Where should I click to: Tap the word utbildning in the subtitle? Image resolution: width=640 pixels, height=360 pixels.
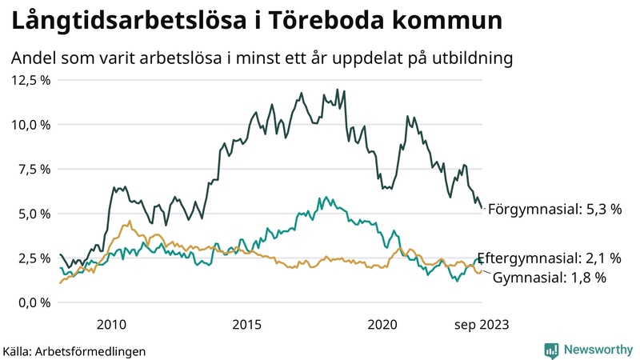point(470,58)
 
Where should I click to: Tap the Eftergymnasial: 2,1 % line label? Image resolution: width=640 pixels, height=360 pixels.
point(549,258)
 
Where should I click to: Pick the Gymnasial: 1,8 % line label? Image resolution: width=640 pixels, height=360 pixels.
point(549,278)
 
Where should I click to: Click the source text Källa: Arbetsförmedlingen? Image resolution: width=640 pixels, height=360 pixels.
point(74,350)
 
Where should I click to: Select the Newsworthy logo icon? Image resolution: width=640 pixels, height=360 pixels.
point(551,350)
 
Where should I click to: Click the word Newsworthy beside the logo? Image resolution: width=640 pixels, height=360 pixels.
point(598,350)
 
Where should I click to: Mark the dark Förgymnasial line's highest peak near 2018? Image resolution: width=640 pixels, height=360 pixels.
point(337,90)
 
